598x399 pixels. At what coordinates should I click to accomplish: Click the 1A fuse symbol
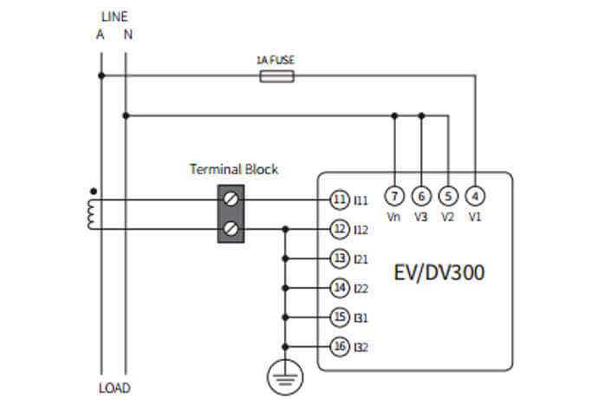[277, 76]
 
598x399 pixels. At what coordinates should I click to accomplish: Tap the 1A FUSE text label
[276, 61]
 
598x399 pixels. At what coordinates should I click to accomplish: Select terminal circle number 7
[394, 195]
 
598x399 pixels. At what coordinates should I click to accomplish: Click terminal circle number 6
[421, 195]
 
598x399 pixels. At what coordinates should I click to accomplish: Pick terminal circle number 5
[448, 195]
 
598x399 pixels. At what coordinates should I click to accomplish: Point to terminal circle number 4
[475, 195]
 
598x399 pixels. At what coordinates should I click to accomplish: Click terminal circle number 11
[339, 199]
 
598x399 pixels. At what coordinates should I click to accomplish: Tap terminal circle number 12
[339, 229]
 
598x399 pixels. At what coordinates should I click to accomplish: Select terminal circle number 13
[339, 258]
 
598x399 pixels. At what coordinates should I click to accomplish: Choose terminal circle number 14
[339, 288]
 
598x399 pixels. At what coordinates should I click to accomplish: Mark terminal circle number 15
[339, 317]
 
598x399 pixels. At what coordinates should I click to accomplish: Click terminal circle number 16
[339, 347]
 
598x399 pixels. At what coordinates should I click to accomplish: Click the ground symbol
[285, 375]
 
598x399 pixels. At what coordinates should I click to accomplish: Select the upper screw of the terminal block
[231, 199]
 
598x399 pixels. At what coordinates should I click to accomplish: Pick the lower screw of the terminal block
[231, 229]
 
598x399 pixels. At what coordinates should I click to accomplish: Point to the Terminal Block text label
[234, 169]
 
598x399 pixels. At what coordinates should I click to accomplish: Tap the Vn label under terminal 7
[394, 217]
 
